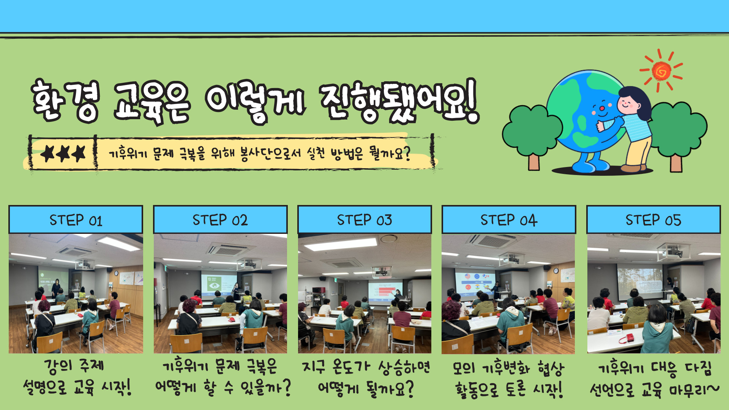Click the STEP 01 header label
coord(76,220)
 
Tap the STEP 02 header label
coord(220,220)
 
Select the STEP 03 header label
coord(364,220)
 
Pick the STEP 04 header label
coord(509,220)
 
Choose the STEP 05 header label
coord(653,220)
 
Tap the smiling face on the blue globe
coord(602,108)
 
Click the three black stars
coord(63,154)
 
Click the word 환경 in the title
coord(65,100)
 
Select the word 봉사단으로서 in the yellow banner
coord(270,154)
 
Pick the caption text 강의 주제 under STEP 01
coord(74,366)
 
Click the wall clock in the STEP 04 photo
coord(556,271)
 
